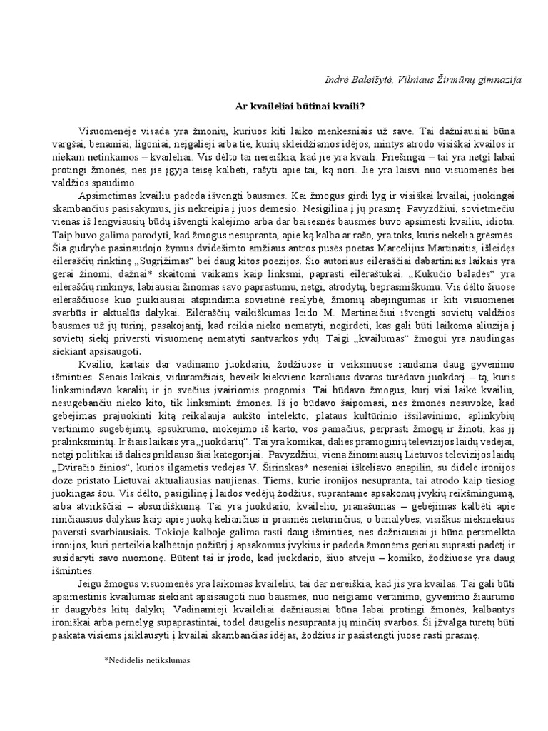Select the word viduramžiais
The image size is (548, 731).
click(147, 376)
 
